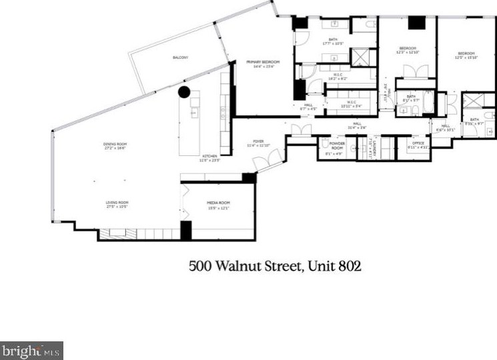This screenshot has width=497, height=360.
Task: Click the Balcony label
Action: coord(180,58)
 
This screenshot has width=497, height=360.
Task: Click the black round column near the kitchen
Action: coord(184,92)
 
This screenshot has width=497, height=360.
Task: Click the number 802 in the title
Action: coord(348,266)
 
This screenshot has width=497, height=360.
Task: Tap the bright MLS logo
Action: coord(31,350)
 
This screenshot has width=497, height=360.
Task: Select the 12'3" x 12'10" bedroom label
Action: coord(407,49)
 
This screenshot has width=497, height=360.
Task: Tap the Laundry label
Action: coord(375,148)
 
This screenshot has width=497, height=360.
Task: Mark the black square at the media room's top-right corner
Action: coord(248,178)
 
